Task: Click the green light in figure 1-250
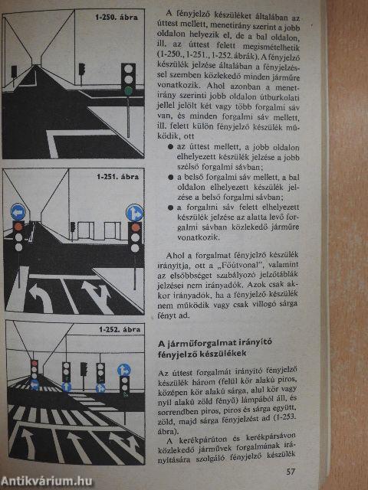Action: click(x=128, y=90)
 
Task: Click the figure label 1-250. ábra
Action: click(x=117, y=16)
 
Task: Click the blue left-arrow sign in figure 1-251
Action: click(x=18, y=212)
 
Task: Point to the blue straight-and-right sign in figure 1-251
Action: click(x=135, y=212)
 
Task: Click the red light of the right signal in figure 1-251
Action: click(x=135, y=228)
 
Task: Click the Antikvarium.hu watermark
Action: click(x=46, y=479)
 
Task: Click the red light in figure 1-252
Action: click(x=33, y=364)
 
